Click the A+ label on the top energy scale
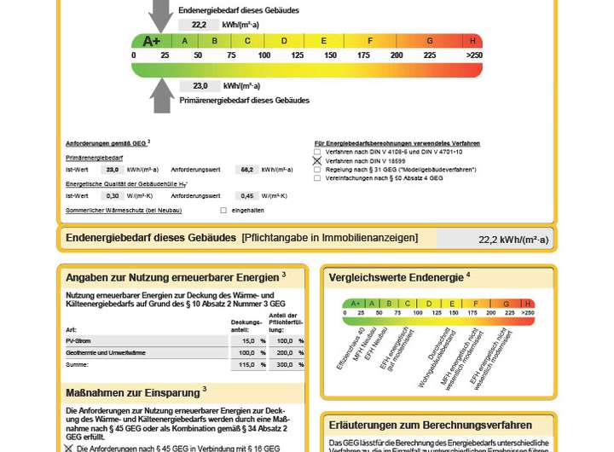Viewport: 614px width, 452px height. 151,41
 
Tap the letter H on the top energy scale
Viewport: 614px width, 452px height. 472,41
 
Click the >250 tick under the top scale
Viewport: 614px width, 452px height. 474,55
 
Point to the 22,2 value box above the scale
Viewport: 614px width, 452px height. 200,25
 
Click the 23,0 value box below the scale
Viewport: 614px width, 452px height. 200,86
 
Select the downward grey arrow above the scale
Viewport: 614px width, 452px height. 160,15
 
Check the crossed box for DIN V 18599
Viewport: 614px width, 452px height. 317,160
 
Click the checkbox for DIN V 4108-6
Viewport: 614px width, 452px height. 317,152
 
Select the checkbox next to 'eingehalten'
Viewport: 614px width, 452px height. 223,210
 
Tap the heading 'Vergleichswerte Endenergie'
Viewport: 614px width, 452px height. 398,277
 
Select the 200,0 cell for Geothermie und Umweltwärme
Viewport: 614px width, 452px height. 284,352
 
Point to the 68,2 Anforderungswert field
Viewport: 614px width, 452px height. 247,170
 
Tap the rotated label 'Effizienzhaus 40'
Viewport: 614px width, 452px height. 350,348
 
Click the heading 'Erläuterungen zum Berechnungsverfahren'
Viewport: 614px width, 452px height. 430,425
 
